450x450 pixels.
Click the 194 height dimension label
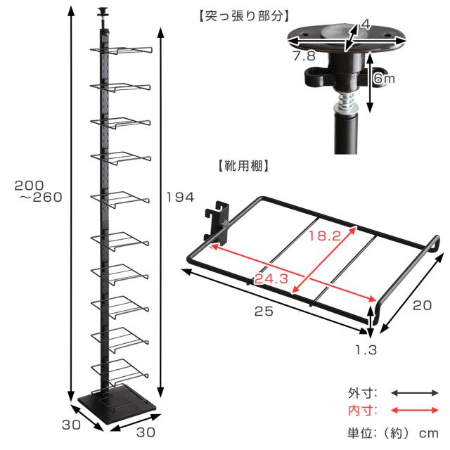180,197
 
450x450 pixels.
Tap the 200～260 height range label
39,191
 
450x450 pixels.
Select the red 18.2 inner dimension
325,236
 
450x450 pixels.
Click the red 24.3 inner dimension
271,278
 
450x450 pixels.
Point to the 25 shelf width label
264,311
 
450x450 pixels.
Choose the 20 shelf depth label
422,305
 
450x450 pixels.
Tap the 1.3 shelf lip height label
366,350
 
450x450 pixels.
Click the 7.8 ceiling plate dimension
304,56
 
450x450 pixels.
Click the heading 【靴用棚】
243,166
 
